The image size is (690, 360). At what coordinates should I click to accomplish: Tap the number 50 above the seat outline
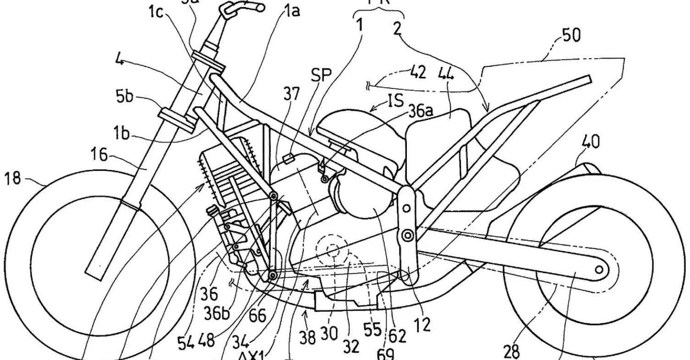571,35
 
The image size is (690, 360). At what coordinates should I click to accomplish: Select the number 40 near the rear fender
590,143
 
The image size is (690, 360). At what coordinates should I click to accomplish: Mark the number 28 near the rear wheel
511,351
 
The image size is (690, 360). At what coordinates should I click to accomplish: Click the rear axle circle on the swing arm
598,270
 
